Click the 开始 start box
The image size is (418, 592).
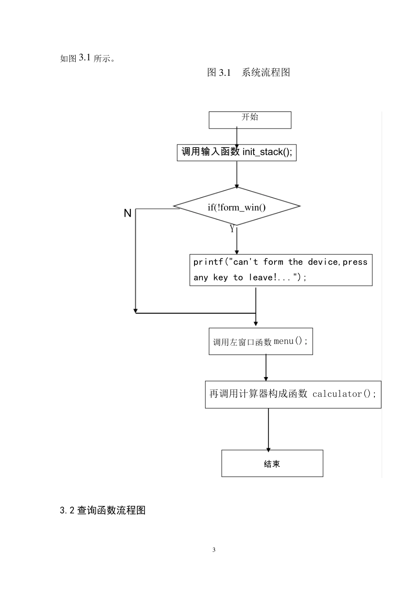[x=249, y=120]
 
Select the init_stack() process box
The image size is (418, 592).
[x=236, y=152]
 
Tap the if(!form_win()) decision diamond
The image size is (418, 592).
[x=237, y=207]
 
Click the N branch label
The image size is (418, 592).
[x=128, y=213]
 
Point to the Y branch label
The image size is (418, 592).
[x=232, y=229]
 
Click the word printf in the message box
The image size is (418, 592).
[x=208, y=262]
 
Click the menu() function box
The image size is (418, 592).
[x=260, y=341]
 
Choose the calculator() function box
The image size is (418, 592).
[x=293, y=394]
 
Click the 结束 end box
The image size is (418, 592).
[x=272, y=463]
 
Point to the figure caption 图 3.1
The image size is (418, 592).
[x=219, y=73]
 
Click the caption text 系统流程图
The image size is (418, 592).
[x=266, y=73]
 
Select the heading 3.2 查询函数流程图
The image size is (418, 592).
[x=103, y=511]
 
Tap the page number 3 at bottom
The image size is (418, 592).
[x=214, y=550]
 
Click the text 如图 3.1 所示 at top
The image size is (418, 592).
[x=87, y=58]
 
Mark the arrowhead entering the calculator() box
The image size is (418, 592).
[x=266, y=378]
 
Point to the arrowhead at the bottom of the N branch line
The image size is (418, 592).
[x=136, y=311]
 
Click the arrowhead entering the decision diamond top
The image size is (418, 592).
[x=237, y=186]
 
